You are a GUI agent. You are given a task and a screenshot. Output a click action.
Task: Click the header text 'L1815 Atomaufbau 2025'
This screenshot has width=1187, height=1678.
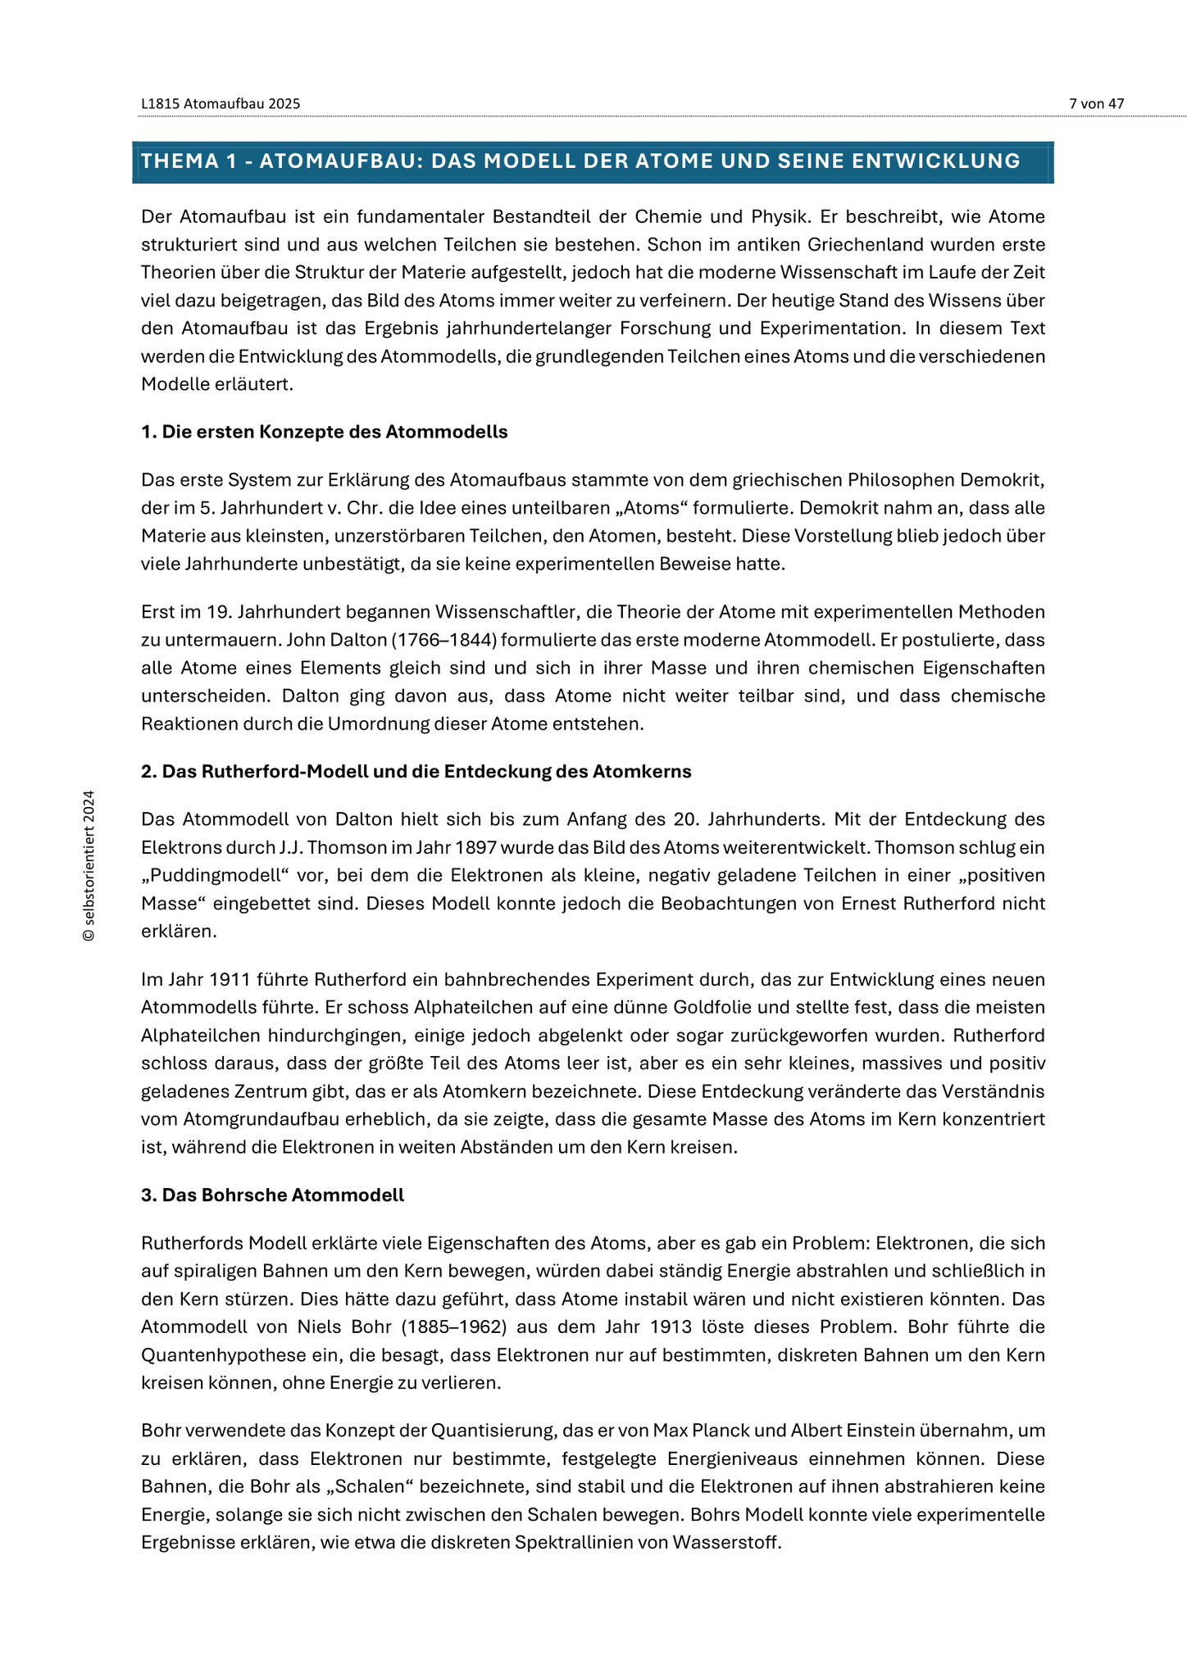point(221,103)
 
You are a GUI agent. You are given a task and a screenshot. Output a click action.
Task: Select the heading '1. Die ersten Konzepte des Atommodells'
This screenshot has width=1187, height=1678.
point(324,432)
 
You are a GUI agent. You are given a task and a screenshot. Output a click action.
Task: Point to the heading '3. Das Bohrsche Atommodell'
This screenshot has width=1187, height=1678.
point(272,1195)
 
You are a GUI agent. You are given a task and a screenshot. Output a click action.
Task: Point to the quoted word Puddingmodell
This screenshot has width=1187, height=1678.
point(217,875)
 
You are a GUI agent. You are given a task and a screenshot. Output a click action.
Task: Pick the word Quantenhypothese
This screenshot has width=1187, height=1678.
point(213,1354)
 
